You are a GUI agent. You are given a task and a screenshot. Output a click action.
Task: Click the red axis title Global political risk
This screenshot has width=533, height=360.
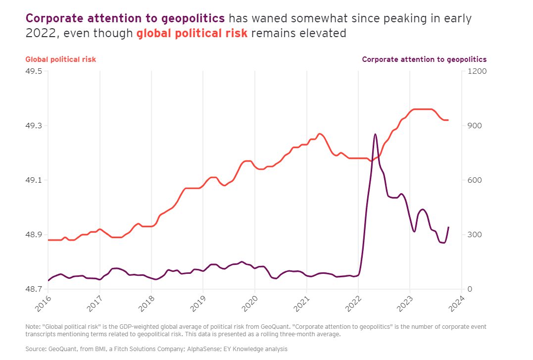(61, 59)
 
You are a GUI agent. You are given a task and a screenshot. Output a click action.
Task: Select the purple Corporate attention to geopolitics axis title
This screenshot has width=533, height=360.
(424, 59)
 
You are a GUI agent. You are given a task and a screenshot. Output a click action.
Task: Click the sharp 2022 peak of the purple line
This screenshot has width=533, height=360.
(375, 134)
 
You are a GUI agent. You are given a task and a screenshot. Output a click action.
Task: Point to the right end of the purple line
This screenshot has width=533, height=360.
(448, 227)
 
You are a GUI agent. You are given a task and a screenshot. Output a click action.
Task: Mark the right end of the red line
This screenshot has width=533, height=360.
(448, 120)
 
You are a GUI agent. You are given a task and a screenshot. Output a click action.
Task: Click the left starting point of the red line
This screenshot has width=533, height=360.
(48, 240)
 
